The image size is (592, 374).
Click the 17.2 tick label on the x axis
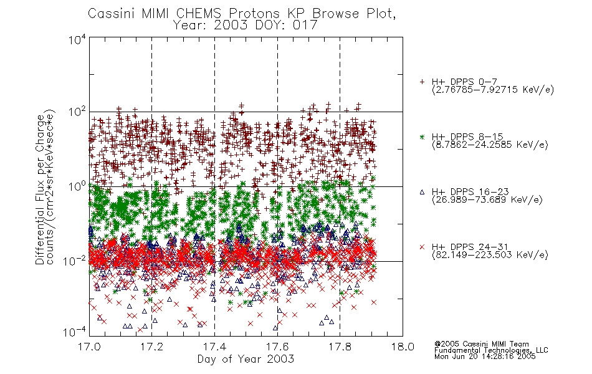(x=152, y=347)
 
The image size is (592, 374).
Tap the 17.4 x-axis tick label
(x=214, y=347)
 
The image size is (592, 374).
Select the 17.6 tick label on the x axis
(x=277, y=347)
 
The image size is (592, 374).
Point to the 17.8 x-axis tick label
(x=340, y=347)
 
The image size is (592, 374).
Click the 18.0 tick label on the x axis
(x=403, y=347)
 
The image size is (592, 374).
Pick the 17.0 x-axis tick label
(x=89, y=347)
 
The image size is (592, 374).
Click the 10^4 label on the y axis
(x=77, y=39)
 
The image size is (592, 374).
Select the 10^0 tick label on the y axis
(x=77, y=186)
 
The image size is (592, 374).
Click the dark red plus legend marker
(x=422, y=82)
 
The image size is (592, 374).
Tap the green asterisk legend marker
(x=422, y=137)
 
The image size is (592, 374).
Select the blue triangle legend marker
(x=422, y=192)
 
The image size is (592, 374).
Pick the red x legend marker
(x=422, y=247)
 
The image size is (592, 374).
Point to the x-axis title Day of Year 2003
(x=246, y=359)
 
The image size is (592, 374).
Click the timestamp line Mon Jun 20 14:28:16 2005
(x=485, y=357)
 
